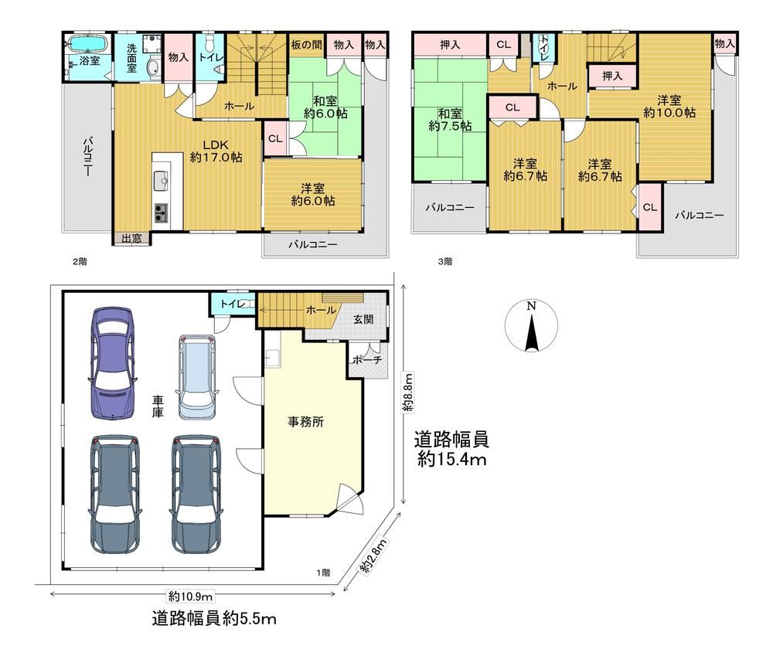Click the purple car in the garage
click(113, 363)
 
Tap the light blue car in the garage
click(196, 377)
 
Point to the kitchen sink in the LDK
click(162, 180)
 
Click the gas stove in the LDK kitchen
click(161, 212)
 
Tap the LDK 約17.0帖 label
click(216, 151)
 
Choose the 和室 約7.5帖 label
click(450, 120)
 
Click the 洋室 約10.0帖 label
click(669, 107)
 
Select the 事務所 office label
click(305, 421)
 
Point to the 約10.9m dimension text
click(190, 597)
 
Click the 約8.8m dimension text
click(407, 392)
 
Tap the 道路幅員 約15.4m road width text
click(451, 448)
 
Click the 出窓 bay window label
click(131, 239)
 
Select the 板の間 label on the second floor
click(306, 45)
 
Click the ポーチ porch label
click(367, 360)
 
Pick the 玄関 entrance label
click(363, 319)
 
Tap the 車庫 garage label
click(157, 406)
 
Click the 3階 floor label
click(445, 262)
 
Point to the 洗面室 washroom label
click(131, 58)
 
